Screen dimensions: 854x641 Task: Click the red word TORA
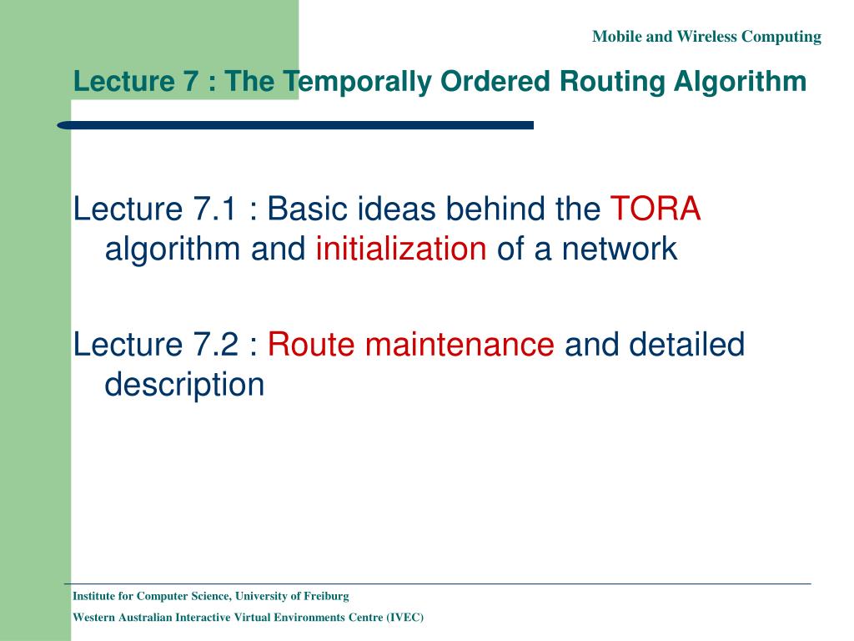point(656,208)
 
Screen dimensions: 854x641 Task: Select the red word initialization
point(401,249)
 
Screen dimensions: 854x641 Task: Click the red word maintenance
point(460,345)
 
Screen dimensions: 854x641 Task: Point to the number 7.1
point(214,209)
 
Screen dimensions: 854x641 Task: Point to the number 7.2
point(215,345)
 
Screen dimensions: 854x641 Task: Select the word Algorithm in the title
point(740,82)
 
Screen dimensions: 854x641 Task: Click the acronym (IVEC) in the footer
point(404,618)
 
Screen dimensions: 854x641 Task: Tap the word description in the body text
point(184,385)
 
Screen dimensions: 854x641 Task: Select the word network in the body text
point(620,249)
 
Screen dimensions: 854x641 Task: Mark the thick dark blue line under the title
point(295,125)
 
